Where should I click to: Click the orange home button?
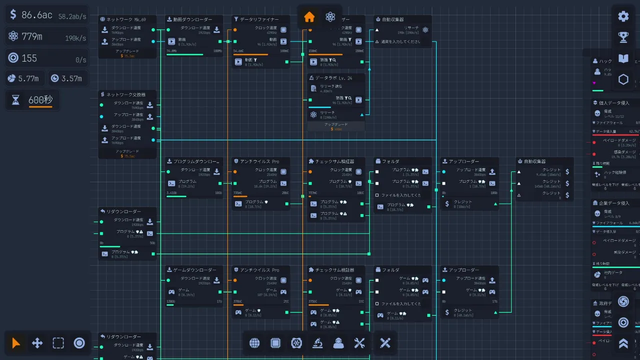[x=309, y=17]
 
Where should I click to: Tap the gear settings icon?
[x=623, y=16]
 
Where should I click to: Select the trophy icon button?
[x=623, y=37]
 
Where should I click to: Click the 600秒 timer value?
[x=40, y=100]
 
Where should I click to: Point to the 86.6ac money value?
[x=37, y=15]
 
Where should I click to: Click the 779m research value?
[x=32, y=36]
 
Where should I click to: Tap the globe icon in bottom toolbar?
[x=254, y=343]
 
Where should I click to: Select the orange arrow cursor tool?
[x=16, y=343]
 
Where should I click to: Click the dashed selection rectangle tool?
[x=58, y=343]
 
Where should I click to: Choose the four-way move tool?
[x=37, y=343]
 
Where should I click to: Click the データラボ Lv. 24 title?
[x=333, y=78]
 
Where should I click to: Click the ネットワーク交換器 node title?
[x=126, y=94]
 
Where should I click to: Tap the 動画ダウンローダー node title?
[x=192, y=19]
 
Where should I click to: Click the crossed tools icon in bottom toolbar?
[x=385, y=343]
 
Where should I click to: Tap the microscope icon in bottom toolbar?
[x=317, y=343]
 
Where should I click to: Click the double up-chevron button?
[x=623, y=343]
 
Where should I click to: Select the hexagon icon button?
[x=623, y=79]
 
